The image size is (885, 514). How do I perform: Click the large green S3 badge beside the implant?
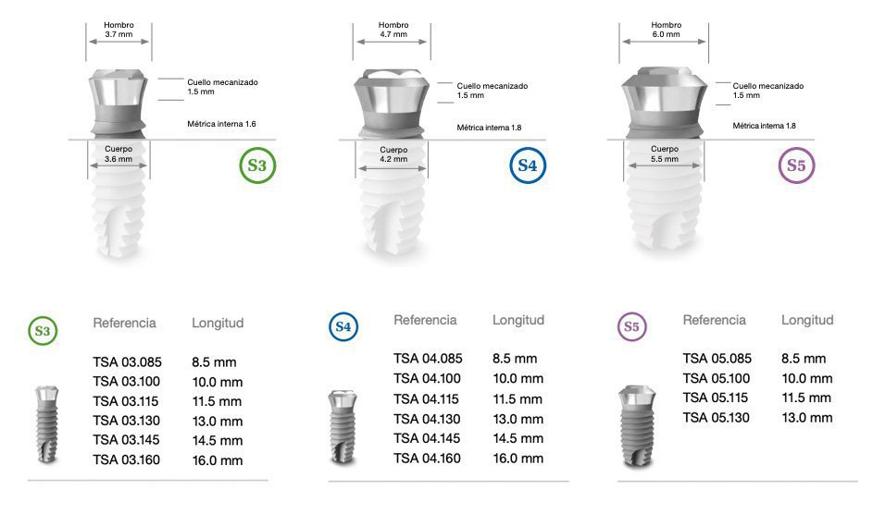pyautogui.click(x=256, y=165)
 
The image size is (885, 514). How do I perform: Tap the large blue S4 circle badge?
pyautogui.click(x=527, y=165)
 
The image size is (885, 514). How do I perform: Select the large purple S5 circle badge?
pyautogui.click(x=796, y=165)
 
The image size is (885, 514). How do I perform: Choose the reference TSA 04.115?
pyautogui.click(x=428, y=398)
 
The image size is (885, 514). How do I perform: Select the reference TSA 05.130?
pyautogui.click(x=717, y=418)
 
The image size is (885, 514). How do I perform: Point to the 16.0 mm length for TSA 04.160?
pyautogui.click(x=517, y=458)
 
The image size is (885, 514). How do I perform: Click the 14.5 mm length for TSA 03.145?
pyautogui.click(x=217, y=441)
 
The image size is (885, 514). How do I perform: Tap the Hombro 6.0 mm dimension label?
pyautogui.click(x=666, y=30)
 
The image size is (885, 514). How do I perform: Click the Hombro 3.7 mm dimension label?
pyautogui.click(x=119, y=30)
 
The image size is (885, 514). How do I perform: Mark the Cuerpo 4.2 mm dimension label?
pyautogui.click(x=393, y=153)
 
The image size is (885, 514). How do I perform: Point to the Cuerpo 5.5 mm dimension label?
pyautogui.click(x=664, y=153)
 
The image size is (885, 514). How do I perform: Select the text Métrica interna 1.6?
pyautogui.click(x=221, y=123)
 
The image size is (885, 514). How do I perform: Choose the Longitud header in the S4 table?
pyautogui.click(x=518, y=320)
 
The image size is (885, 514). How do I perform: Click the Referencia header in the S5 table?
pyautogui.click(x=715, y=320)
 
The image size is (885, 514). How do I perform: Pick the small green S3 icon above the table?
pyautogui.click(x=42, y=329)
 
